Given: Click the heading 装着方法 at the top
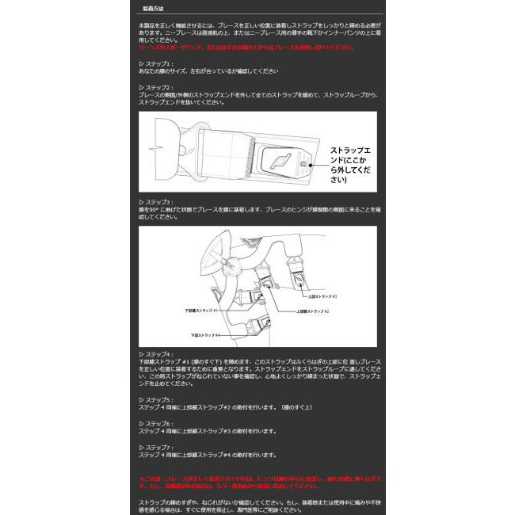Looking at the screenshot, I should [154, 10].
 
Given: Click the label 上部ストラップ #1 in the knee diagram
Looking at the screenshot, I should [320, 296].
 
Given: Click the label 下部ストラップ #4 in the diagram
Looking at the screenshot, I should [206, 335].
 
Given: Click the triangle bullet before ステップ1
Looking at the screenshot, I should [141, 63].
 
